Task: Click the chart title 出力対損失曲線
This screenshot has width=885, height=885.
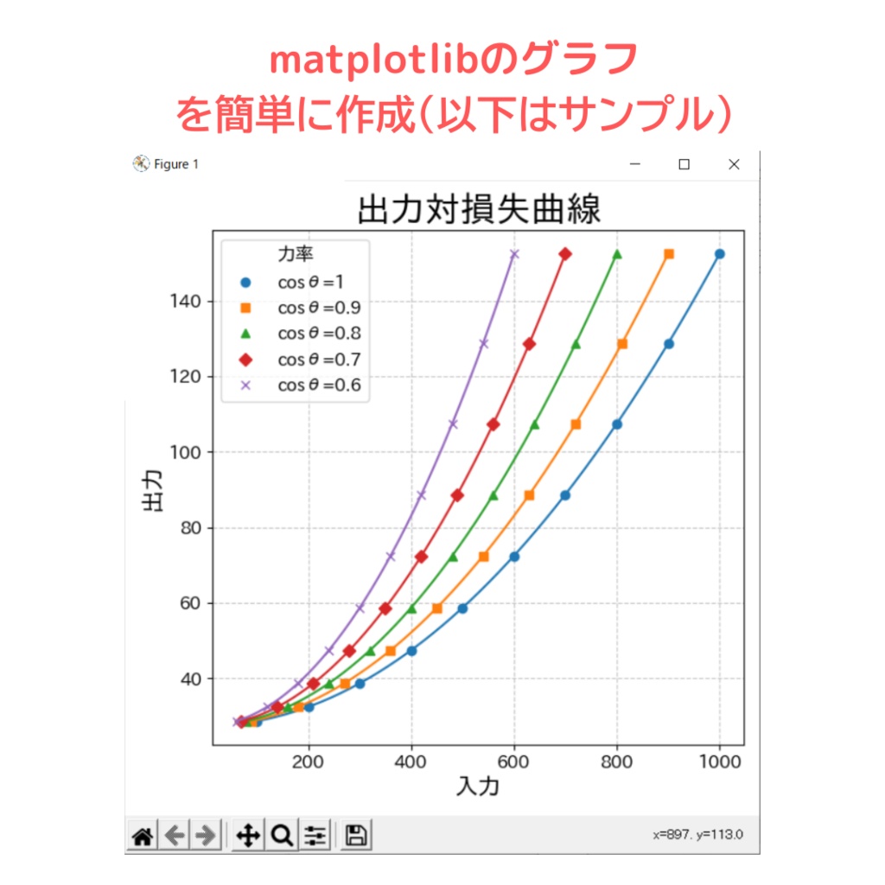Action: (478, 210)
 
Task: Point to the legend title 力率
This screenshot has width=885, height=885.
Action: (295, 254)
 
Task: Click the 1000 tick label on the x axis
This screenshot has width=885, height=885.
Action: (719, 762)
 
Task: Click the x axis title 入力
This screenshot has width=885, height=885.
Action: (478, 786)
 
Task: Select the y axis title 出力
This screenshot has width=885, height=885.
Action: (153, 494)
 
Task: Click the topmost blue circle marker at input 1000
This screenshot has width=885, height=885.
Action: (719, 254)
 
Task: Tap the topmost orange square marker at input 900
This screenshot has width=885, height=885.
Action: (668, 254)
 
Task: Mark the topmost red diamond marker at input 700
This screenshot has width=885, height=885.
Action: (565, 254)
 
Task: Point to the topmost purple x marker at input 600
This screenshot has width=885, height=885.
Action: (514, 254)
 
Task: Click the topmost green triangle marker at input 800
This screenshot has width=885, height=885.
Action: (617, 254)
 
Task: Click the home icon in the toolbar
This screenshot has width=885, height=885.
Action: (143, 836)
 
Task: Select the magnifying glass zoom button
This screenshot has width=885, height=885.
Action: (281, 836)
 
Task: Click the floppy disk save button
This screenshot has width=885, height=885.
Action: (355, 836)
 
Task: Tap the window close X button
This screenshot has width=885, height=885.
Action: (734, 165)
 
